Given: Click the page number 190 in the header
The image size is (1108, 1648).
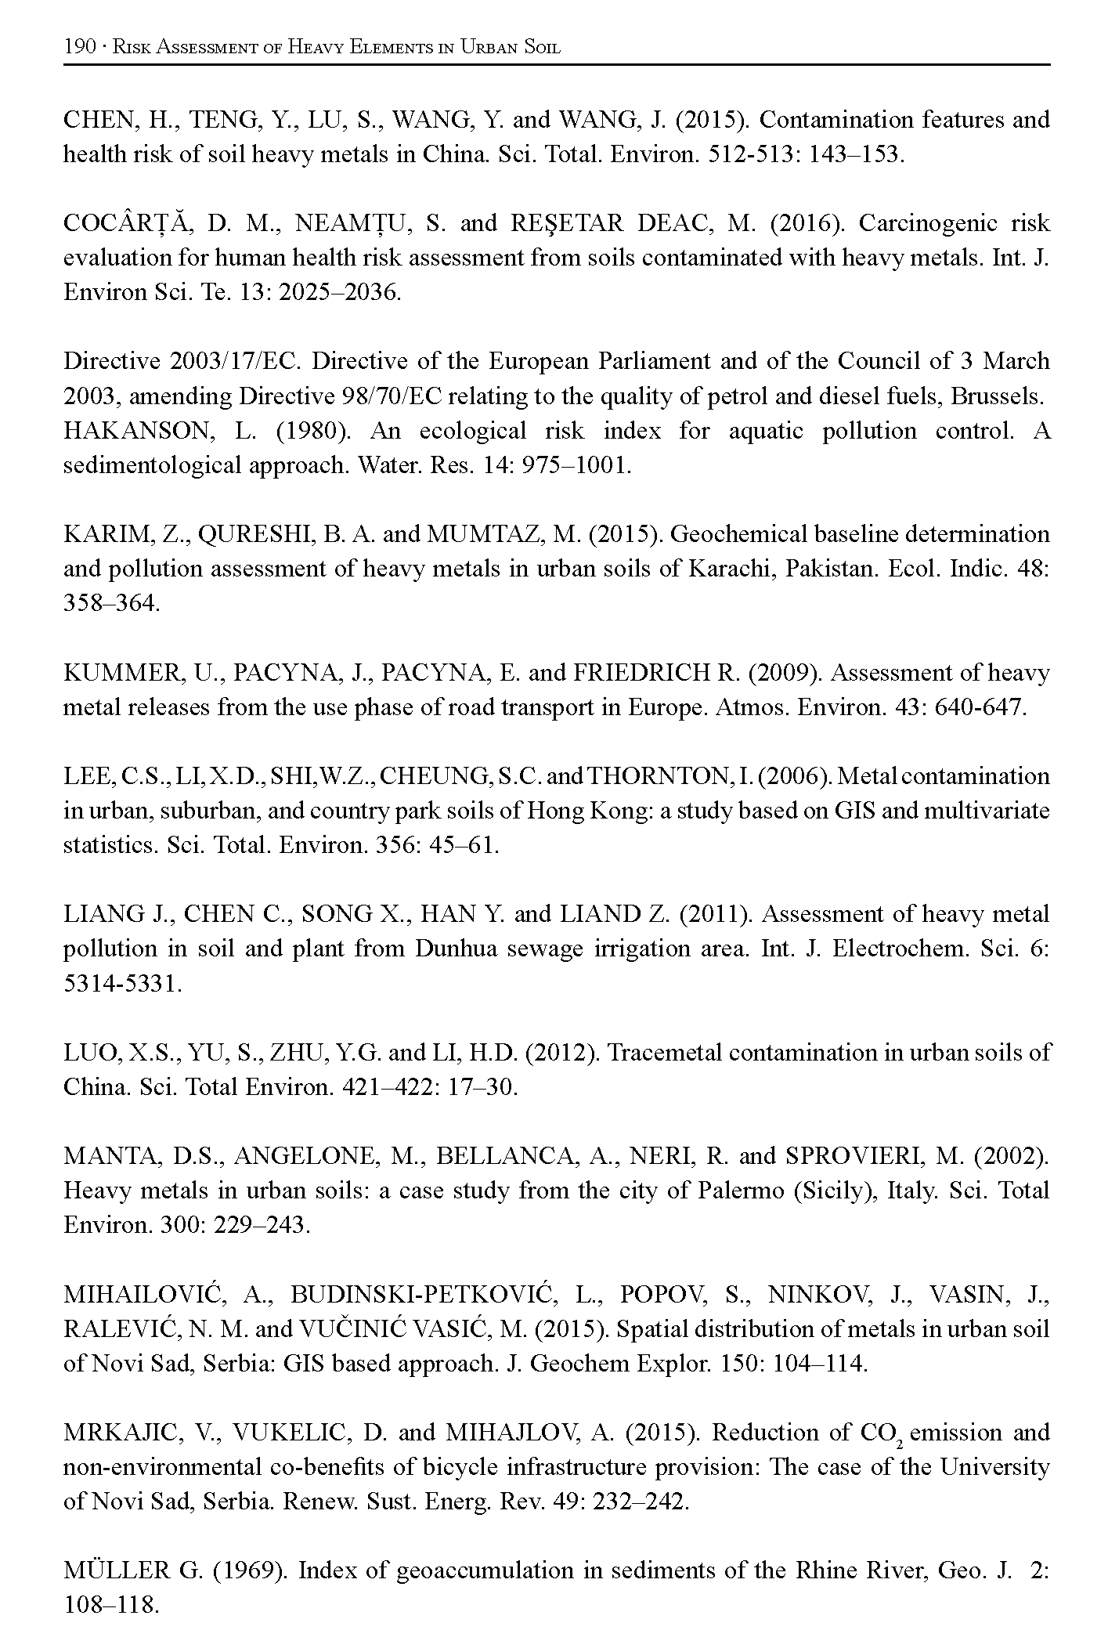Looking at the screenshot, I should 78,47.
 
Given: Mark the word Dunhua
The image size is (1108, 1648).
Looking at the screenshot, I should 454,949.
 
